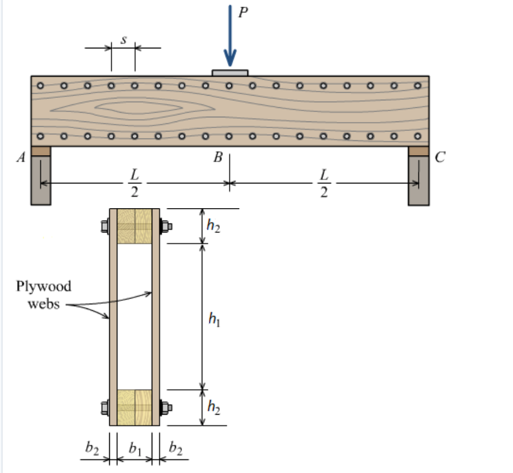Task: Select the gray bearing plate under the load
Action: click(230, 73)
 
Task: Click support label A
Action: click(21, 157)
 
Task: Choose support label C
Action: click(440, 157)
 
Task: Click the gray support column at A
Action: click(41, 180)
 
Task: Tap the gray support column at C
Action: click(419, 180)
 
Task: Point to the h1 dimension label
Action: click(214, 320)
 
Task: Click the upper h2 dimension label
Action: click(214, 226)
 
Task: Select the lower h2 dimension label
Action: click(214, 406)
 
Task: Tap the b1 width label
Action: click(135, 450)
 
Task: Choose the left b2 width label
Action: click(92, 449)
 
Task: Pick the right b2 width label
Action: click(175, 449)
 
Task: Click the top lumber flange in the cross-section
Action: click(135, 225)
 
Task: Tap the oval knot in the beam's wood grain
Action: click(139, 108)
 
